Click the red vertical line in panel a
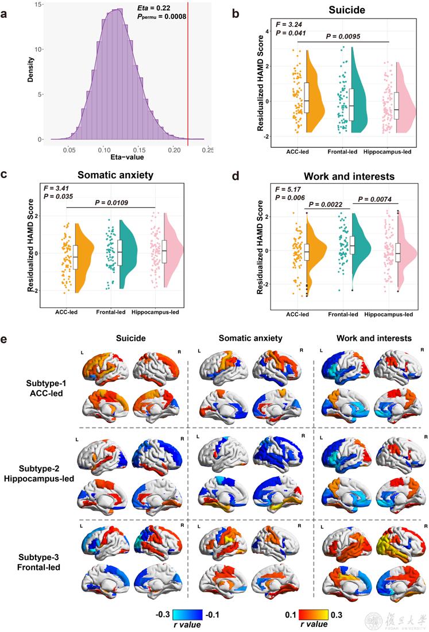coord(188,75)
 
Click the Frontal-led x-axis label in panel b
coord(343,152)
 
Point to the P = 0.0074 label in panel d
coord(373,199)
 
